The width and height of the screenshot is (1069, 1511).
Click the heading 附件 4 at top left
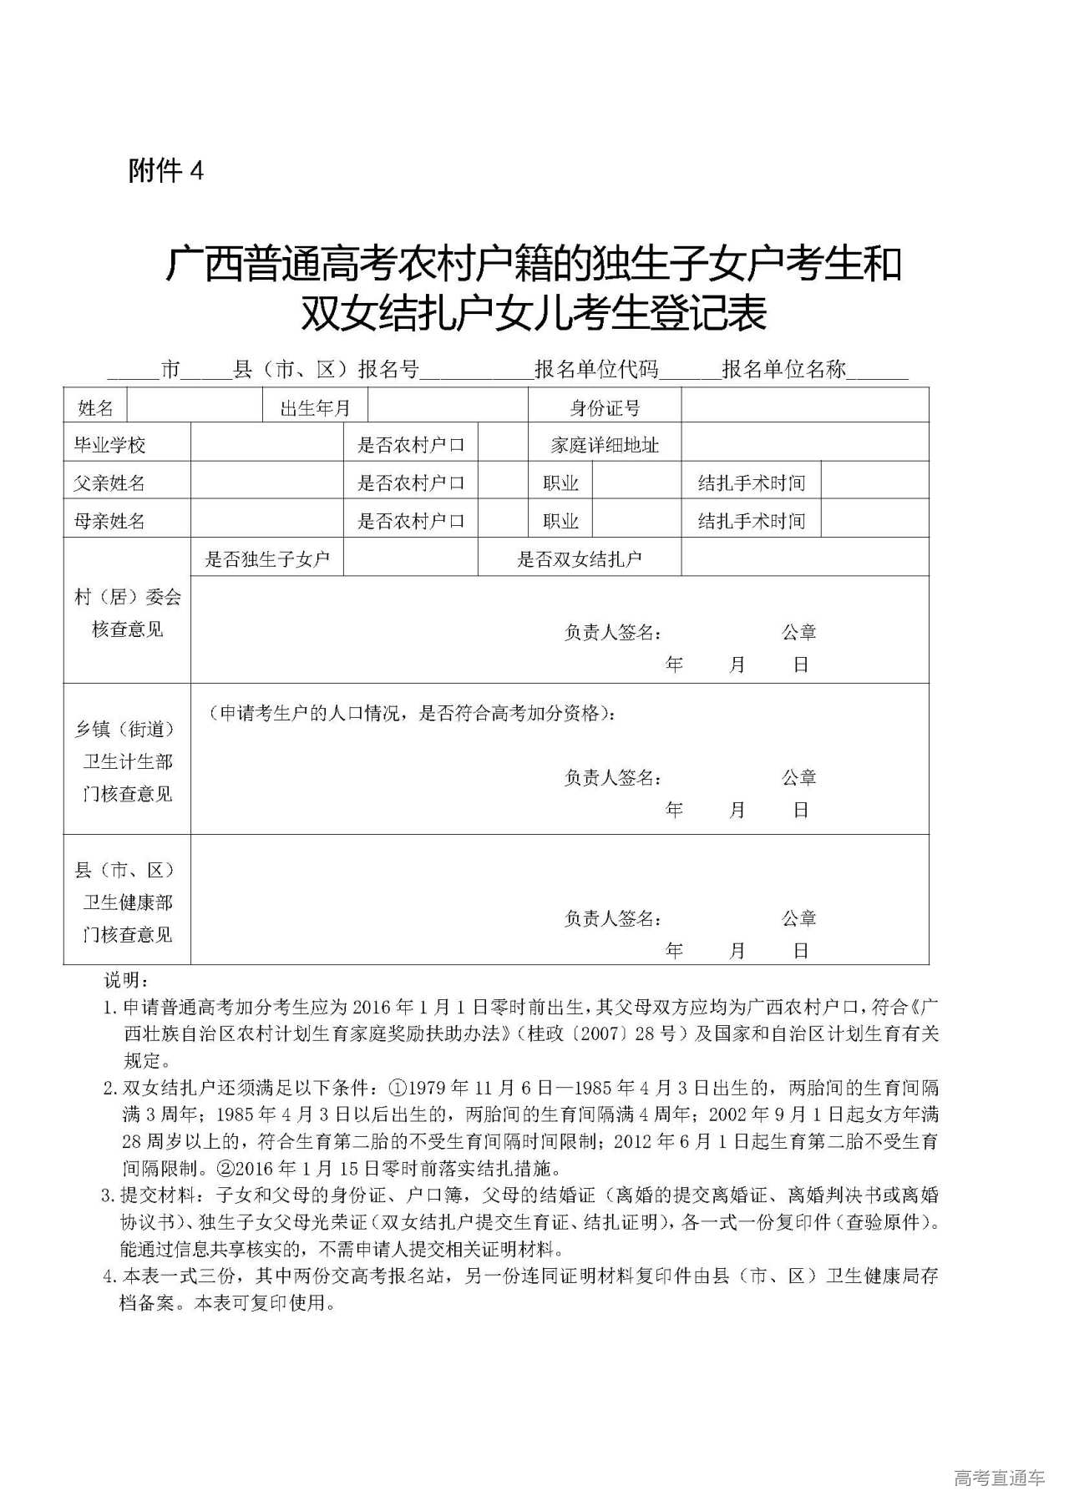(x=166, y=171)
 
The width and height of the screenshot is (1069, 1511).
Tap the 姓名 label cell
(x=95, y=407)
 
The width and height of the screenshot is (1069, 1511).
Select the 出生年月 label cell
(x=315, y=407)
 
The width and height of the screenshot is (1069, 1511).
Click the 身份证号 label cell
(x=605, y=407)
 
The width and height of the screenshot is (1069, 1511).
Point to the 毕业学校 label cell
(x=109, y=445)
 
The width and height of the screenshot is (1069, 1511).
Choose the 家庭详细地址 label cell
(x=605, y=445)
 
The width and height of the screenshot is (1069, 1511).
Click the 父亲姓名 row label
(x=109, y=483)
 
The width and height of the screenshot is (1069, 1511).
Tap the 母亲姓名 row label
(x=109, y=521)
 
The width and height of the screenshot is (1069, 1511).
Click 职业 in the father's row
(x=560, y=483)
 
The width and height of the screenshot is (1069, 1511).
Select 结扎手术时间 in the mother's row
(x=751, y=521)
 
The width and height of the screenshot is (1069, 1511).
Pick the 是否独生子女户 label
(x=267, y=559)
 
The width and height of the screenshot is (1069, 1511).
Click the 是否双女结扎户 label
(x=579, y=559)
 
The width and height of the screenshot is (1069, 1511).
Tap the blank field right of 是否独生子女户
(x=410, y=558)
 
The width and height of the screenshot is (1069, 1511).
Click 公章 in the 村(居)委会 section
(x=798, y=632)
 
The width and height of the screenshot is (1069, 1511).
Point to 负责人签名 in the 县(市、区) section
(x=613, y=918)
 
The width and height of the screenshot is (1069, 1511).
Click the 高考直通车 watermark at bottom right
(x=998, y=1478)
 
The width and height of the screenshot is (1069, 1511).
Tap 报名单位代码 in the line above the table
(x=596, y=369)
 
